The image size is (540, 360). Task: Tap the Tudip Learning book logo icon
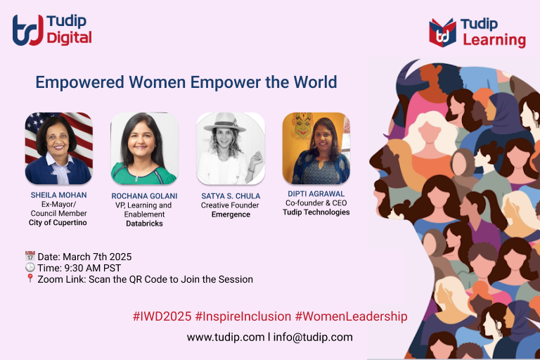443,32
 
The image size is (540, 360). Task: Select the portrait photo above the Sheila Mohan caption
58,148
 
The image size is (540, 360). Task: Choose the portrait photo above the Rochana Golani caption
144,148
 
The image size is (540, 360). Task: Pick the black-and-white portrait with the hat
230,148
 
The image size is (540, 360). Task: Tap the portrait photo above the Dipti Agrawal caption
316,148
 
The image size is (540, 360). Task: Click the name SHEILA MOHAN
58,194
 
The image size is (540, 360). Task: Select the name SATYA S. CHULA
231,195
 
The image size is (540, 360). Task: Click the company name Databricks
143,224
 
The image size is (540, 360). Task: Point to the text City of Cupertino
58,223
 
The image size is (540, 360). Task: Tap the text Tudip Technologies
316,212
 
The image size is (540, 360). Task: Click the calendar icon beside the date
30,257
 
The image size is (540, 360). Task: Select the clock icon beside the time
30,268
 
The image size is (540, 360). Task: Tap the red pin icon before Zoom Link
30,279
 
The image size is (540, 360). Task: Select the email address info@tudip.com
312,337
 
